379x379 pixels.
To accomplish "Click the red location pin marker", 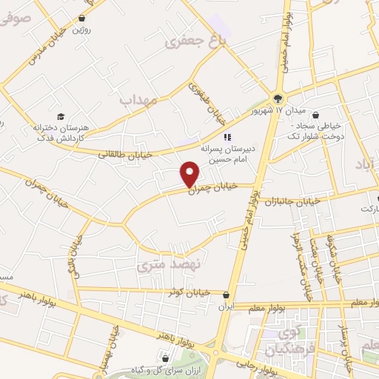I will (190, 174).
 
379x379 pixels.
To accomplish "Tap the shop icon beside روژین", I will (81, 17).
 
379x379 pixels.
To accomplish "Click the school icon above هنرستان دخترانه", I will (61, 116).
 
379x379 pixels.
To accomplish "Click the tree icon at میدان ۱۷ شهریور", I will (278, 98).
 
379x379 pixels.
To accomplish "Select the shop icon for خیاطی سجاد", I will (318, 115).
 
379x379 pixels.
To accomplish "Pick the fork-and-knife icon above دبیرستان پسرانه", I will (228, 136).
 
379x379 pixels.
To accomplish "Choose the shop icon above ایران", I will (226, 294).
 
